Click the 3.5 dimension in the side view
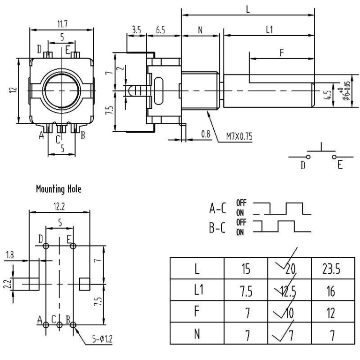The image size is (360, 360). [136, 30]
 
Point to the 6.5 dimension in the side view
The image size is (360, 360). [160, 30]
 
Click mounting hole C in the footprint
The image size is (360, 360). [59, 324]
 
